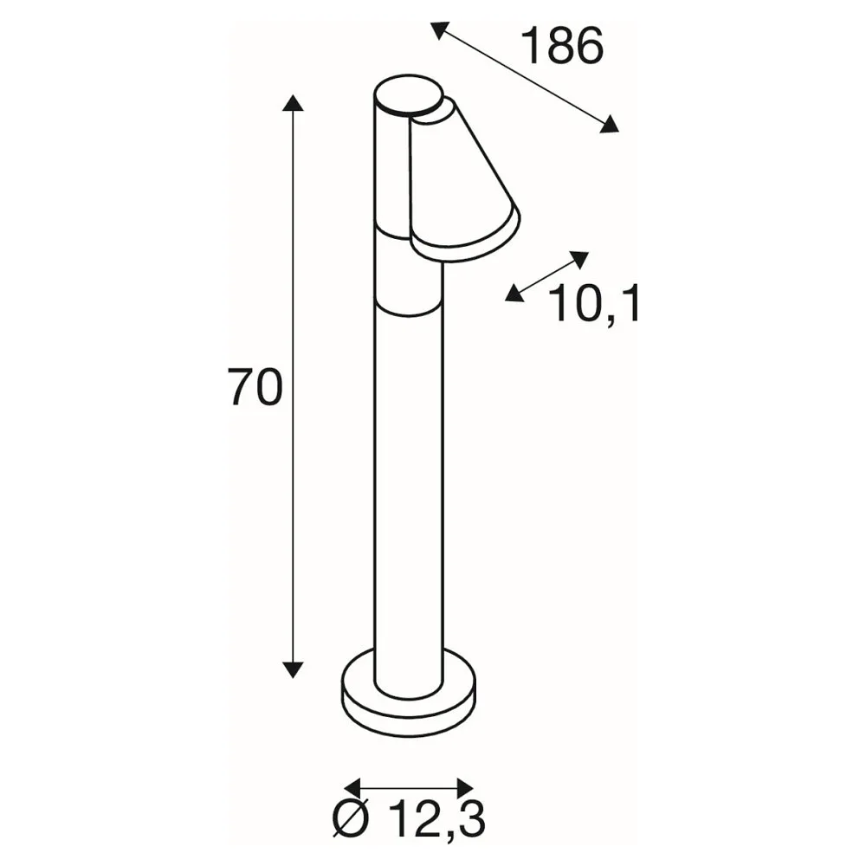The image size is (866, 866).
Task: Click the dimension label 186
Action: coord(562,47)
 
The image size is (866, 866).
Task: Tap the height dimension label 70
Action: coord(255,387)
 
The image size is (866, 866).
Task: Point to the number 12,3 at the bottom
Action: coord(436,820)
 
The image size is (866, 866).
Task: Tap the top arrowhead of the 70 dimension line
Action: coord(293,103)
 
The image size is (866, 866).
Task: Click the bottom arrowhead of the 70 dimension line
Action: coord(293,669)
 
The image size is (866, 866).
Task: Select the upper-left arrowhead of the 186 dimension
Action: coord(440,29)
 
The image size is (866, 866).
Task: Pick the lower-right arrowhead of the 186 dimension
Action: coord(610,124)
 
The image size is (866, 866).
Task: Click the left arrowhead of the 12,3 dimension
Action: coord(352,787)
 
